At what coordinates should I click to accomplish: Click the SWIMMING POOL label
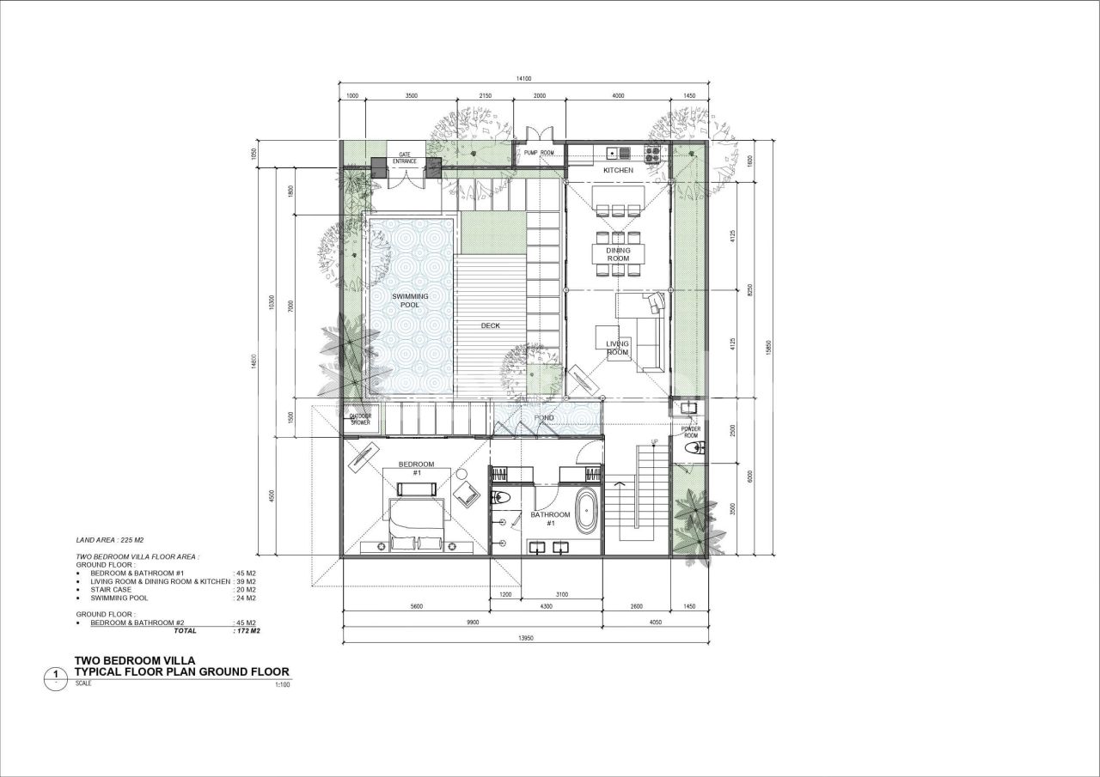410,300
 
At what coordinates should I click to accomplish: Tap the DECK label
490,325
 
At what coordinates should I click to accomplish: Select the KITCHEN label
618,170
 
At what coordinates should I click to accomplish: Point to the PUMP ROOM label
540,153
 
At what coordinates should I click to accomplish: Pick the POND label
544,418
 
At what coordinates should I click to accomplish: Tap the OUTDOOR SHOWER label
360,420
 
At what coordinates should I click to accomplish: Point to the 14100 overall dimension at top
523,79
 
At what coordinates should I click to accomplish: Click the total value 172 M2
247,630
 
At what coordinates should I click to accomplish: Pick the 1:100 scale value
282,685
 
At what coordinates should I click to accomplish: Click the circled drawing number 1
56,676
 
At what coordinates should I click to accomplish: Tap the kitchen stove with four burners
652,154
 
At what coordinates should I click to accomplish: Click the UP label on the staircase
655,443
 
